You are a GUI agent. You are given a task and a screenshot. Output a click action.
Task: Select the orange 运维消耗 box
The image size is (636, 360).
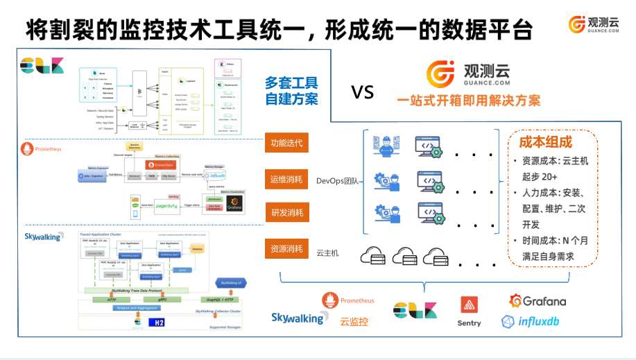pos(286,180)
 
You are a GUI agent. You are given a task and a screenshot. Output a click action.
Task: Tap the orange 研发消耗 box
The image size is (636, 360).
pos(286,212)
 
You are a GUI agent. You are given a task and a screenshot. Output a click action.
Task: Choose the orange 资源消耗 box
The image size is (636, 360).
pos(286,248)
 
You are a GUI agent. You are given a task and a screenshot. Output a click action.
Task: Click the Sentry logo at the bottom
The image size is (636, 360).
pos(469,311)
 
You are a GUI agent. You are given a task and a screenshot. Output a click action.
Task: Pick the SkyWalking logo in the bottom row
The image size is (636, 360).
pos(298,318)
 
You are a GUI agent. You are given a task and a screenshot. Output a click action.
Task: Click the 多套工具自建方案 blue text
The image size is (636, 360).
pos(291,91)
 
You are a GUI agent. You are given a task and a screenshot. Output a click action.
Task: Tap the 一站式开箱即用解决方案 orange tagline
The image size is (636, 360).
pos(469,100)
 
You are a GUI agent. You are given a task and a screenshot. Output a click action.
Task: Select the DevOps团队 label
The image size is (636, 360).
pos(337,181)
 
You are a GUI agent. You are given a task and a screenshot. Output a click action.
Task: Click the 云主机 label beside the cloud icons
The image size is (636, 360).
pos(327,253)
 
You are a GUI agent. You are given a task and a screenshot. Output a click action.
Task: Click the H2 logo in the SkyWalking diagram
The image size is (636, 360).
pos(159,323)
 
